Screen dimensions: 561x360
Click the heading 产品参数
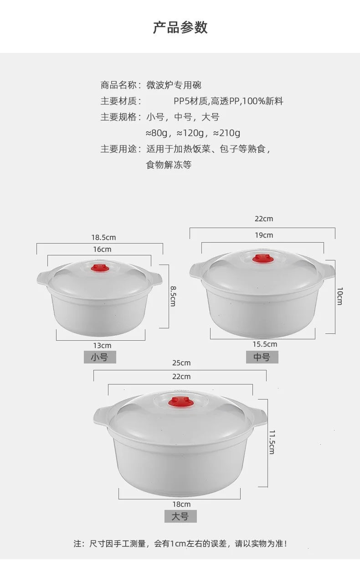click(180, 27)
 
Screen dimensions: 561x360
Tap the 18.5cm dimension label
click(103, 237)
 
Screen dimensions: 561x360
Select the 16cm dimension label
click(102, 249)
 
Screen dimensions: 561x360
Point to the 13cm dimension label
click(102, 346)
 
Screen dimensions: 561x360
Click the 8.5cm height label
click(173, 296)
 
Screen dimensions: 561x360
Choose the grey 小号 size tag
click(100, 357)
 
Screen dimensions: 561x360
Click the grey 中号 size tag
click(262, 357)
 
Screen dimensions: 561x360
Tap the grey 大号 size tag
click(180, 516)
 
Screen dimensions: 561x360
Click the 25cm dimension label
click(181, 363)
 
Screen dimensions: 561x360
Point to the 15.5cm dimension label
click(265, 344)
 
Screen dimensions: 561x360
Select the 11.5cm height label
click(272, 442)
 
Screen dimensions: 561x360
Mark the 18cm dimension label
click(181, 504)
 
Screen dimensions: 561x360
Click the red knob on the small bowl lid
click(99, 267)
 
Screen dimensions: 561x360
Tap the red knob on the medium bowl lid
click(263, 259)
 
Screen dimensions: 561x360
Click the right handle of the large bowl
click(259, 416)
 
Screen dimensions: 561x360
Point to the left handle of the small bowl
click(43, 277)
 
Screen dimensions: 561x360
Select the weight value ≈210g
click(226, 133)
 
